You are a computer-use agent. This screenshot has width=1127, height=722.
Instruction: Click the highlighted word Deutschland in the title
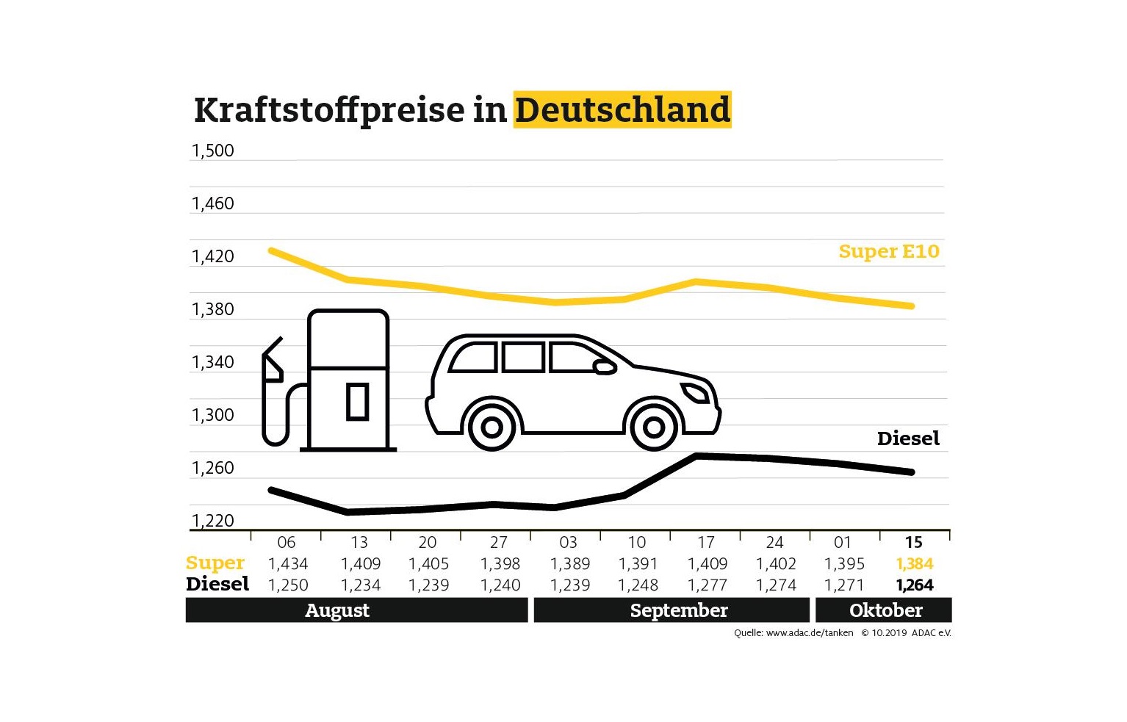point(622,110)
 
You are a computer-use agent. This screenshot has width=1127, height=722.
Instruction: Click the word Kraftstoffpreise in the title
point(329,110)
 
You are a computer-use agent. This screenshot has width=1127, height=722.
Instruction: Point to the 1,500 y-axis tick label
point(212,151)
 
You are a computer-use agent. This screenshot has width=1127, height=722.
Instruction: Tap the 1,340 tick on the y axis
point(212,362)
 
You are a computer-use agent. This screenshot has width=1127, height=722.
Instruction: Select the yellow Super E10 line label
point(888,251)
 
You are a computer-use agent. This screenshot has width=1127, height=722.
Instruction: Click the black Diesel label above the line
point(908,438)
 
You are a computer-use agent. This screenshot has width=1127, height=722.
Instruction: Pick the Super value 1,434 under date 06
point(288,564)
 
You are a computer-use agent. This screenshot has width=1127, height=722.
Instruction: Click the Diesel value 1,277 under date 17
point(707,585)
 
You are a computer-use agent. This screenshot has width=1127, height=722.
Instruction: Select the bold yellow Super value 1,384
point(915,564)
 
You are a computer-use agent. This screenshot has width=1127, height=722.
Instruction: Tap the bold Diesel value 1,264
point(915,585)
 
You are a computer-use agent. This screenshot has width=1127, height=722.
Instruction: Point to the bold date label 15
point(913,543)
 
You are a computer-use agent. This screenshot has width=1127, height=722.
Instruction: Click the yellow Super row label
point(215,563)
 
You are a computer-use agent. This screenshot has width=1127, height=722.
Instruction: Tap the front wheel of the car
point(653,426)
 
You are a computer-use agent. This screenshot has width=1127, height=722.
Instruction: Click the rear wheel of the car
point(492,426)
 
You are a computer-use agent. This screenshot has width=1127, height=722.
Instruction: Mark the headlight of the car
point(695,393)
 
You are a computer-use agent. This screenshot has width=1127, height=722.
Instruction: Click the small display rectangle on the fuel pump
point(357,401)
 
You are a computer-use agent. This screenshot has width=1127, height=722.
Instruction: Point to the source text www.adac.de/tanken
point(809,632)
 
